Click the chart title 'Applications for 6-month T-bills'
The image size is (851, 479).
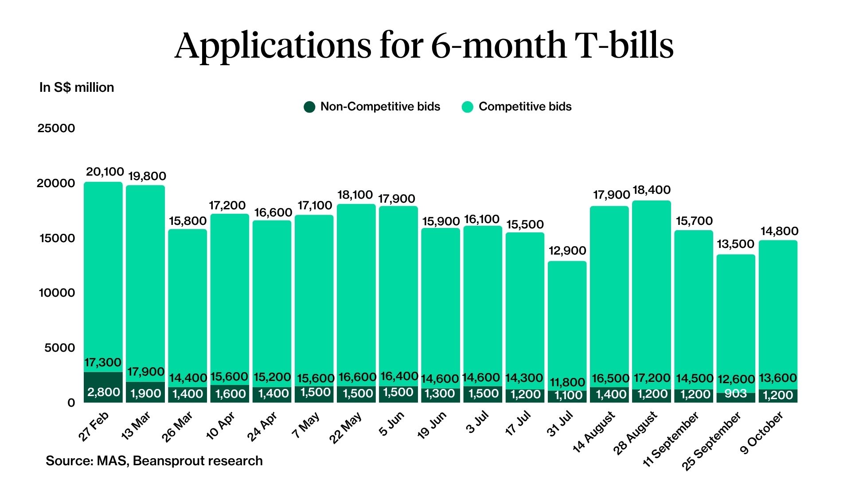tap(424, 45)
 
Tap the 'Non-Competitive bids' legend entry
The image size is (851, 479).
tap(372, 107)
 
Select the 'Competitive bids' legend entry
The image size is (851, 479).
tap(517, 107)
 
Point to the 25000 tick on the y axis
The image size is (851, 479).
tap(56, 128)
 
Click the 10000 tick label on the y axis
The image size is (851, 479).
tap(57, 293)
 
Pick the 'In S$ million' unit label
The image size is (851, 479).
tap(77, 87)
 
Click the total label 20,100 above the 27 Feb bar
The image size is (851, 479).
tap(105, 172)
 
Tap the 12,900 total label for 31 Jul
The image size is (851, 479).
tap(567, 251)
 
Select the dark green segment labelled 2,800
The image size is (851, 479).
tap(103, 387)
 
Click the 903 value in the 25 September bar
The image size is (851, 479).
tap(736, 393)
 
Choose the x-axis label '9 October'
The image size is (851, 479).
tap(761, 433)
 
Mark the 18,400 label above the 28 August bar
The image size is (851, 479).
tap(652, 190)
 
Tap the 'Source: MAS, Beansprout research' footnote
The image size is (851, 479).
tap(154, 461)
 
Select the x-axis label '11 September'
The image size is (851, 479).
tap(671, 440)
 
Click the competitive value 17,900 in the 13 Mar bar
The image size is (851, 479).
tap(146, 372)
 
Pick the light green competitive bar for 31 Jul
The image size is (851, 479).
tap(567, 319)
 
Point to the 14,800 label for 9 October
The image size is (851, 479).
tap(779, 231)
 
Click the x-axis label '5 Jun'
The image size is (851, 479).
tap(391, 424)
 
